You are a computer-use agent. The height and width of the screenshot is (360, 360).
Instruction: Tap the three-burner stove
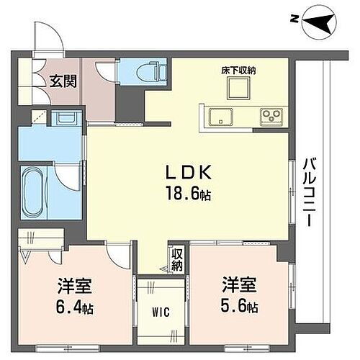(271, 115)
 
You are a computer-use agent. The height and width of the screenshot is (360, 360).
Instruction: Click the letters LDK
(188, 175)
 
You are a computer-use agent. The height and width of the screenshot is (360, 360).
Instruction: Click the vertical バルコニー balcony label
(310, 192)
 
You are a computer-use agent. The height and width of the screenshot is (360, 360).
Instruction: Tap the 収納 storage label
(177, 260)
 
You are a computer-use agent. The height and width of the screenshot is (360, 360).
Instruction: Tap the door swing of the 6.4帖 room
(115, 252)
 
